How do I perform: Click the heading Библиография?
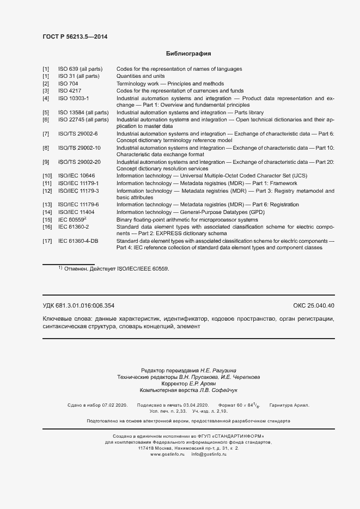pyautogui.click(x=188, y=54)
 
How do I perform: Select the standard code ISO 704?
pyautogui.click(x=68, y=84)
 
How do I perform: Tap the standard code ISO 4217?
pyautogui.click(x=70, y=91)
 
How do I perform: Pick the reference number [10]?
pyautogui.click(x=47, y=176)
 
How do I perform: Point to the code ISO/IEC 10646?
pyautogui.click(x=77, y=176)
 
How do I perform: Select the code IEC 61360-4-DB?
pyautogui.click(x=78, y=241)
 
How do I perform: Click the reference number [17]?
pyautogui.click(x=47, y=241)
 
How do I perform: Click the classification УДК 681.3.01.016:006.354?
pyautogui.click(x=78, y=305)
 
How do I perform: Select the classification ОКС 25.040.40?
pyautogui.click(x=313, y=305)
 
